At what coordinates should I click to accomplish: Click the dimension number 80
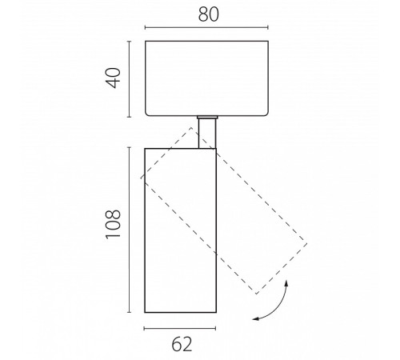[209, 14]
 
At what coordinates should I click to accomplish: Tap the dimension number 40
[114, 78]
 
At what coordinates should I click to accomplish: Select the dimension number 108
[114, 224]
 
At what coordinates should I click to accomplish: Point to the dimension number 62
[182, 344]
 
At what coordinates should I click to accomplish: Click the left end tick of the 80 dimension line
[145, 27]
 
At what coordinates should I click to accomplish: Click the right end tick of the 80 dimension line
[268, 27]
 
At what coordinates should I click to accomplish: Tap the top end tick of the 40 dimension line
[130, 42]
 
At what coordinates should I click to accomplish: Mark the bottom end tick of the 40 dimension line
[130, 117]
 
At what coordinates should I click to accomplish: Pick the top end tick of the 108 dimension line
[130, 147]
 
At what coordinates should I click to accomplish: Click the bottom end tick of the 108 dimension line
[130, 312]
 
